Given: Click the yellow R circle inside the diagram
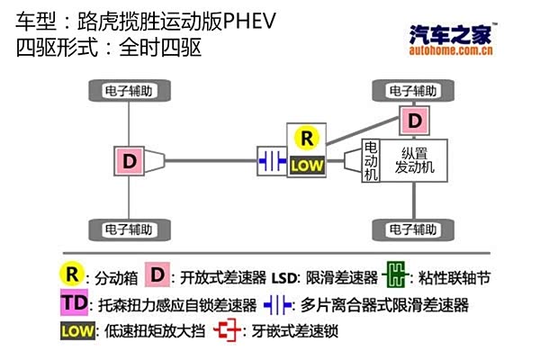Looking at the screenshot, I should (307, 139).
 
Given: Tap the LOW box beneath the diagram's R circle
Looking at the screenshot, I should (307, 166).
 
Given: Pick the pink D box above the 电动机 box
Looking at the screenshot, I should (414, 120).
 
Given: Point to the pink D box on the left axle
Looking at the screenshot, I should (130, 162).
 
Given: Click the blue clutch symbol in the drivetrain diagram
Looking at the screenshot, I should (271, 161).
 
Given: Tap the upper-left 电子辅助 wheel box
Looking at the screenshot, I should (130, 91).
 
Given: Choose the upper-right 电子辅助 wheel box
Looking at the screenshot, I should (414, 91).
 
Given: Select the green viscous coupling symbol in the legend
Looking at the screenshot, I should (395, 275).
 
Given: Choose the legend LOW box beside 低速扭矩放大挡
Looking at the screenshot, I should (78, 331).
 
